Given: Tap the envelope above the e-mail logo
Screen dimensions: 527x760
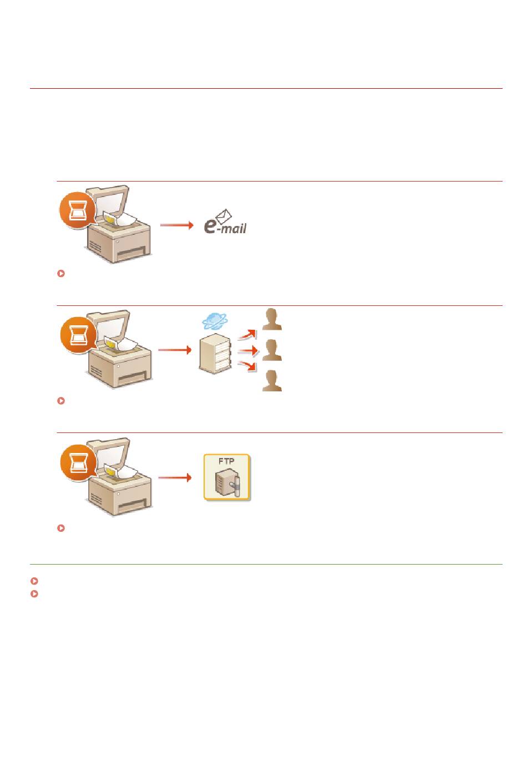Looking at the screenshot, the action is pyautogui.click(x=224, y=216).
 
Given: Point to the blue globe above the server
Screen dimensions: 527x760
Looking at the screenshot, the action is pyautogui.click(x=215, y=321).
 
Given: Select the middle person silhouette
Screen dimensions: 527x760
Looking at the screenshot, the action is pyautogui.click(x=272, y=350).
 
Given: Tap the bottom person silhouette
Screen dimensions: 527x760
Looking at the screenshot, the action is pyautogui.click(x=272, y=381).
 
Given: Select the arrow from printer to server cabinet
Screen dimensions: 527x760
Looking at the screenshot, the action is pyautogui.click(x=175, y=350).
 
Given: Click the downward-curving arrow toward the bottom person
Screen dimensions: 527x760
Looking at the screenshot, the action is pyautogui.click(x=246, y=366).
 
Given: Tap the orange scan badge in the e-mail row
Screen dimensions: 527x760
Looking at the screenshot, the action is pyautogui.click(x=78, y=210).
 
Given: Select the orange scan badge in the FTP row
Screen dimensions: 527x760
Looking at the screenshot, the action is pyautogui.click(x=78, y=462).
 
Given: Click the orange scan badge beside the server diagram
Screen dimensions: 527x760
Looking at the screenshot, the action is pyautogui.click(x=78, y=335).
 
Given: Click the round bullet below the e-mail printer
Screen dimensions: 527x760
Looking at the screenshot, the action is pyautogui.click(x=61, y=273).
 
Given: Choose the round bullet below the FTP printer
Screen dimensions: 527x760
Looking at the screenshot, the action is pyautogui.click(x=61, y=528).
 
